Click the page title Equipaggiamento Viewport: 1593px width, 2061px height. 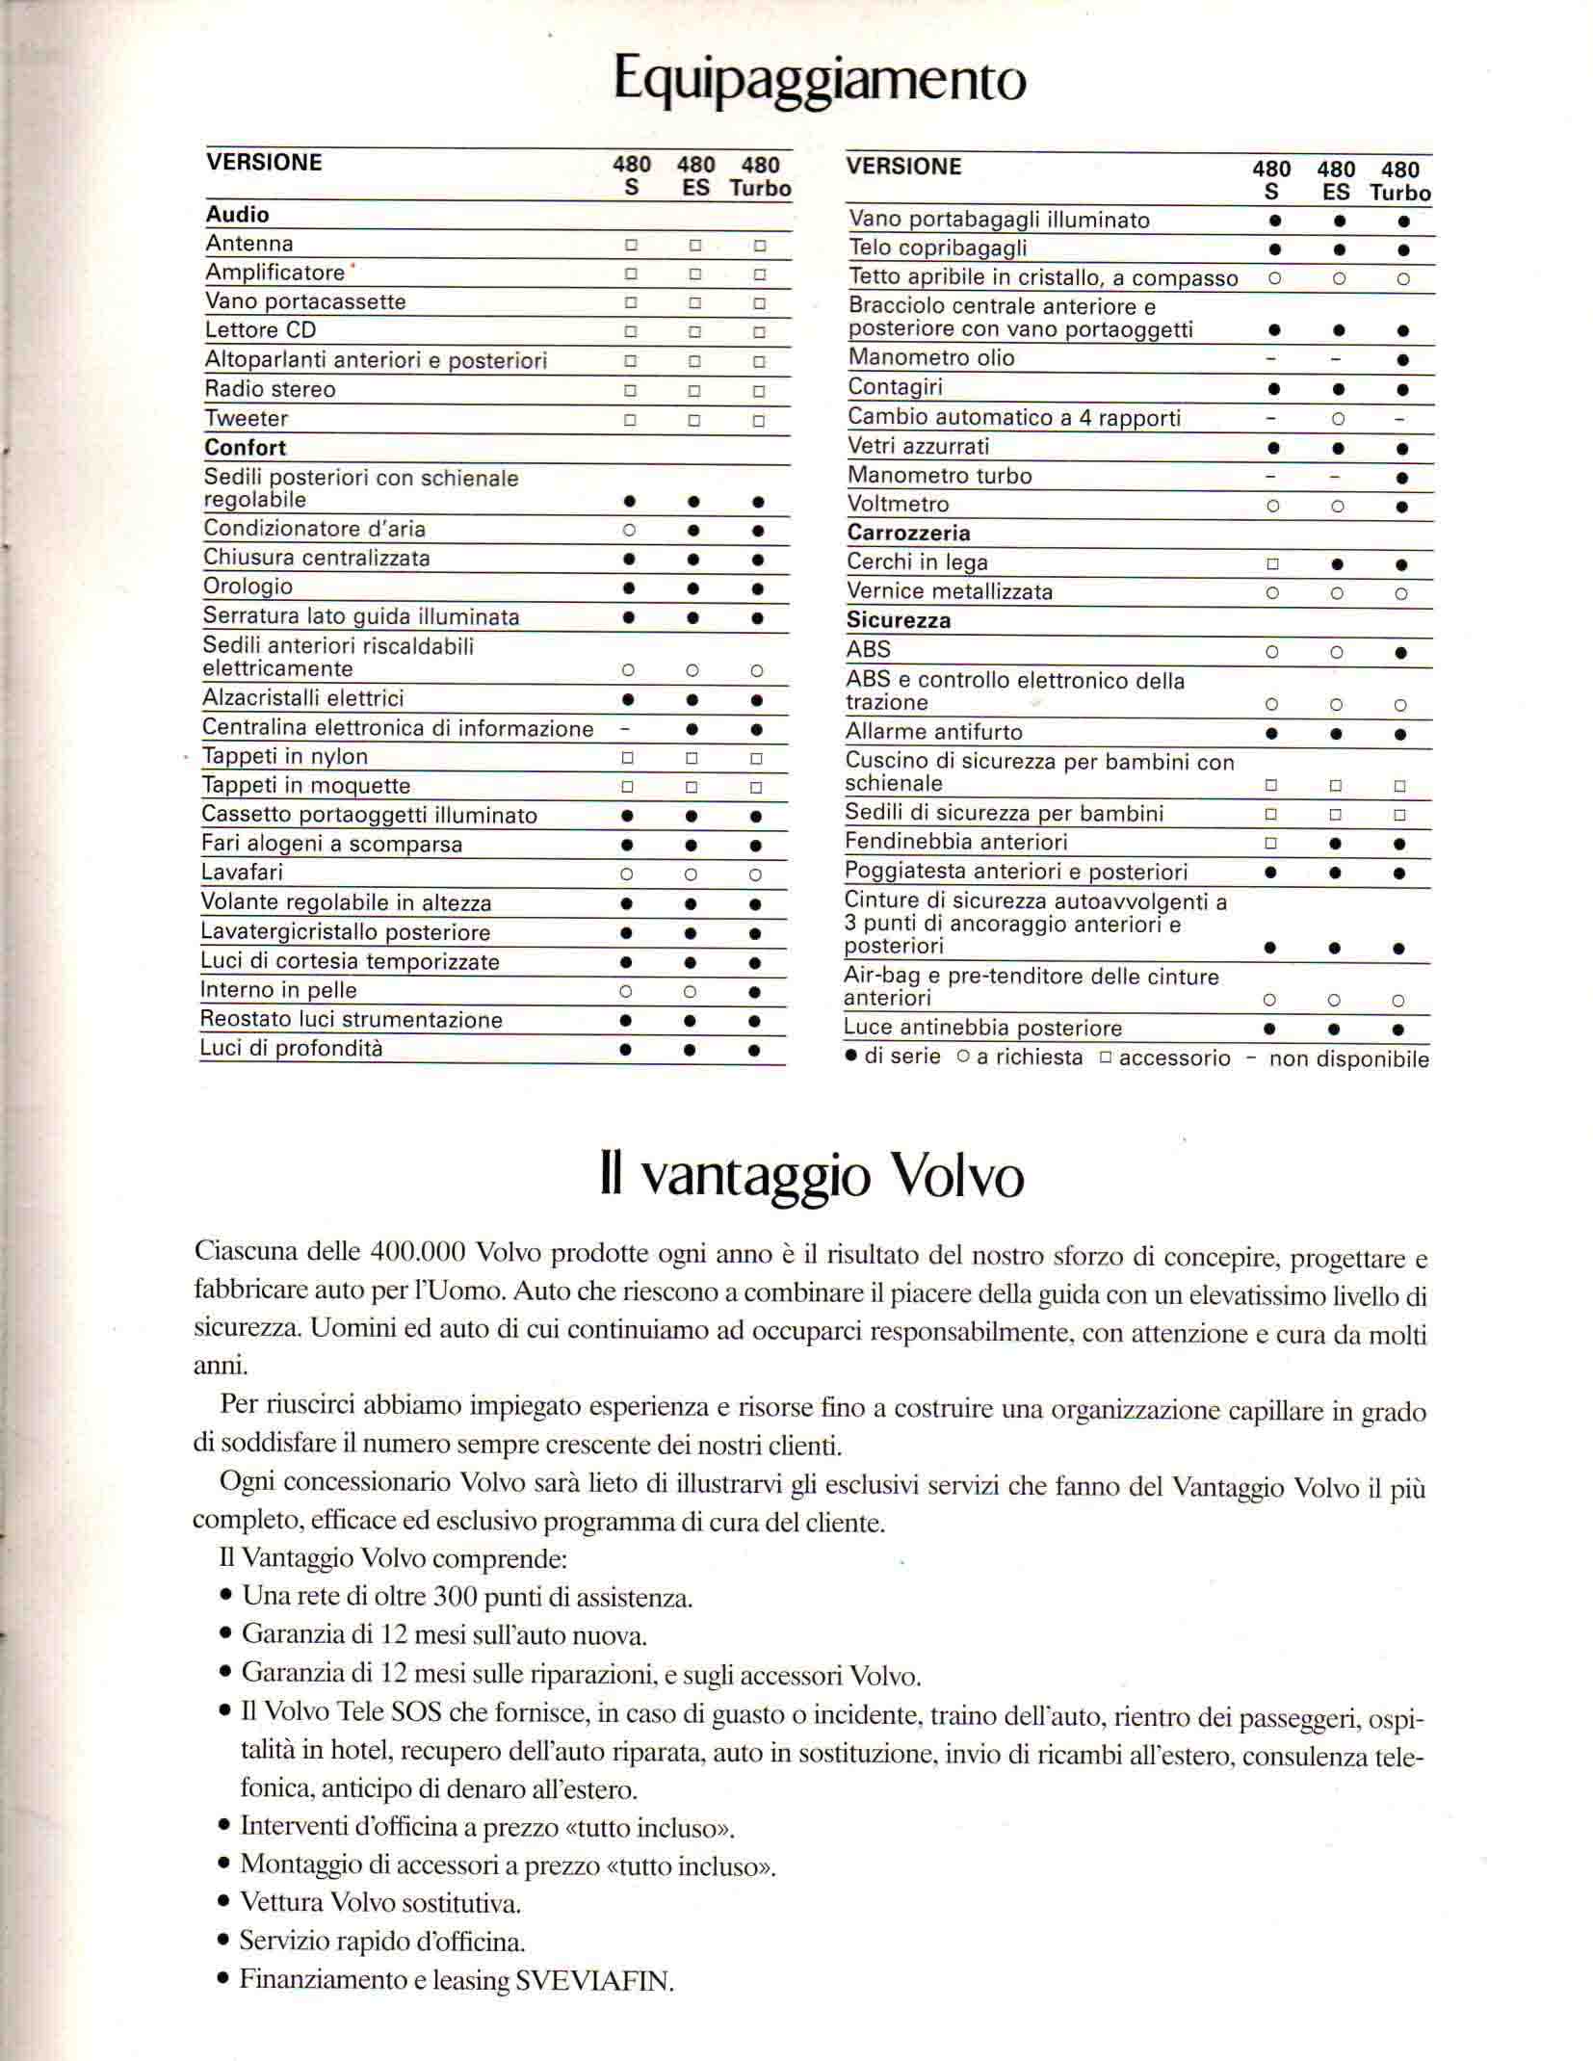pyautogui.click(x=820, y=80)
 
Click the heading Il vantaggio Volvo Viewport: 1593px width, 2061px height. pyautogui.click(x=811, y=1176)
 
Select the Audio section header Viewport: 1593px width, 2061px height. pyautogui.click(x=237, y=215)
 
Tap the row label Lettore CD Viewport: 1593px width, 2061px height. pyautogui.click(x=260, y=330)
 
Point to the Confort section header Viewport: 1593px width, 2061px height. pyautogui.click(x=245, y=448)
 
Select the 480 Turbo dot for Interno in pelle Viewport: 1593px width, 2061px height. pyautogui.click(x=755, y=992)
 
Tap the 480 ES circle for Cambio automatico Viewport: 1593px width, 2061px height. pyautogui.click(x=1337, y=420)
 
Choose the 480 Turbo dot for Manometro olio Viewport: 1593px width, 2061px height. pyautogui.click(x=1402, y=360)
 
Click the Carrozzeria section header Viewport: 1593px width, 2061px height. pyautogui.click(x=908, y=534)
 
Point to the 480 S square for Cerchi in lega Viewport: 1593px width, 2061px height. pyautogui.click(x=1271, y=564)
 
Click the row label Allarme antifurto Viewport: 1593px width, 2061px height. pyautogui.click(x=933, y=732)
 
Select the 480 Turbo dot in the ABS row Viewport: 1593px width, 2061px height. pyautogui.click(x=1401, y=652)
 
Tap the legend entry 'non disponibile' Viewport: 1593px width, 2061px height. pyautogui.click(x=1348, y=1059)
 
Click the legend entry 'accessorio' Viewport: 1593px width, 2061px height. pyautogui.click(x=1174, y=1058)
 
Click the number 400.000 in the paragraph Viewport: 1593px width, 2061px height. pyautogui.click(x=417, y=1252)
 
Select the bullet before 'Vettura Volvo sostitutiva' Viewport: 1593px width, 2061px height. pyautogui.click(x=223, y=1903)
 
